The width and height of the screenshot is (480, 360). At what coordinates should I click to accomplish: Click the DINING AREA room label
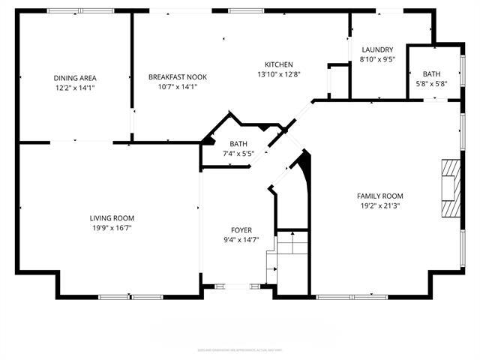coord(75,77)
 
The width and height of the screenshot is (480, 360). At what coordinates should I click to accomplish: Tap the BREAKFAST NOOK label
coord(178,76)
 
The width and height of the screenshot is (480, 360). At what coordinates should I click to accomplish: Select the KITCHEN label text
coord(278,64)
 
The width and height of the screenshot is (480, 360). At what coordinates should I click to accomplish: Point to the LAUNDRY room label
coord(377,49)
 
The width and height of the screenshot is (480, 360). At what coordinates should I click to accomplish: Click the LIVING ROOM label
coord(112,218)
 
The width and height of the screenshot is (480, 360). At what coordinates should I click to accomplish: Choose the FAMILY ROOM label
coord(379,196)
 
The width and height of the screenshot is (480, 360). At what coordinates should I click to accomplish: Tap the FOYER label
coord(241,230)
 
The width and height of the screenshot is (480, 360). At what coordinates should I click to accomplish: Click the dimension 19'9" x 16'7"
coord(112,228)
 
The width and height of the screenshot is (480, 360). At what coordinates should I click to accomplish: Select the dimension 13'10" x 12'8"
coord(278,74)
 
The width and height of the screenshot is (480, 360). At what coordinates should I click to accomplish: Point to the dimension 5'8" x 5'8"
coord(431,83)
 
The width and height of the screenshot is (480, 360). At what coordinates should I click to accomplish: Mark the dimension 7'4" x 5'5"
coord(238,154)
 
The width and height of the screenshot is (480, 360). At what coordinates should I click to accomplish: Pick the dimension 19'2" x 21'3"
coord(379,205)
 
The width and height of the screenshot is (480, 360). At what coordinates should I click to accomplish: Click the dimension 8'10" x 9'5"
coord(377,59)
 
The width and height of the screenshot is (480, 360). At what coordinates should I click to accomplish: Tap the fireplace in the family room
coord(449,188)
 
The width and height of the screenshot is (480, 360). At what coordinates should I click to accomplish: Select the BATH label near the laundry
coord(431,73)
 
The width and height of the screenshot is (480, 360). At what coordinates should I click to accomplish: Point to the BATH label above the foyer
coord(238,144)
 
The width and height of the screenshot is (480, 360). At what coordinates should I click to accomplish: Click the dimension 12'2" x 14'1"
coord(75,87)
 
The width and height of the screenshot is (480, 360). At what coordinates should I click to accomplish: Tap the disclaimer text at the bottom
coord(240,349)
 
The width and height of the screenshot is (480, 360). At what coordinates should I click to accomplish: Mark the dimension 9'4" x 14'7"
coord(241,240)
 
